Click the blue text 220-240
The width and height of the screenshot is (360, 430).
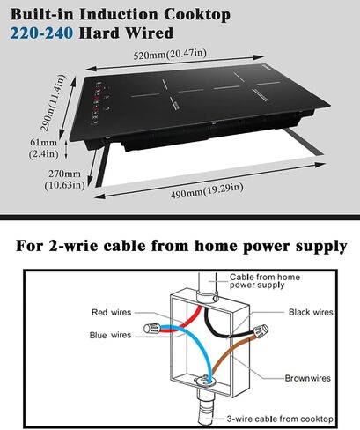coord(41,33)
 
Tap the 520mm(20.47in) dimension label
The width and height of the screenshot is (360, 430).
coord(170,54)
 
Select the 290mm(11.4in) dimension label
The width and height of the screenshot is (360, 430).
coord(53,102)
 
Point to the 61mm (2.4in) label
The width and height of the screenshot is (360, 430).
coord(44,148)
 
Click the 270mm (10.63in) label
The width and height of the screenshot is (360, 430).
coord(64,180)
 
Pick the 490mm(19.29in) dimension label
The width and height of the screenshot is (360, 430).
coord(207,190)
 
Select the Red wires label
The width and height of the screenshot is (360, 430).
coord(112,312)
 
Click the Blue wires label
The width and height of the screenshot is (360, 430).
coord(110,335)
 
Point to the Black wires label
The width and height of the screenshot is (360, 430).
coord(311,312)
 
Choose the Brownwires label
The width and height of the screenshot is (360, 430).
coord(308,378)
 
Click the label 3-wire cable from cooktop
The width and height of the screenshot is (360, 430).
coord(280,419)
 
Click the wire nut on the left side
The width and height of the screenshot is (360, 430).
coord(152,328)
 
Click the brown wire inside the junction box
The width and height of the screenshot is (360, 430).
coord(227,354)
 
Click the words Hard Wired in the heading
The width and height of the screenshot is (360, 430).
coord(126,33)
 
